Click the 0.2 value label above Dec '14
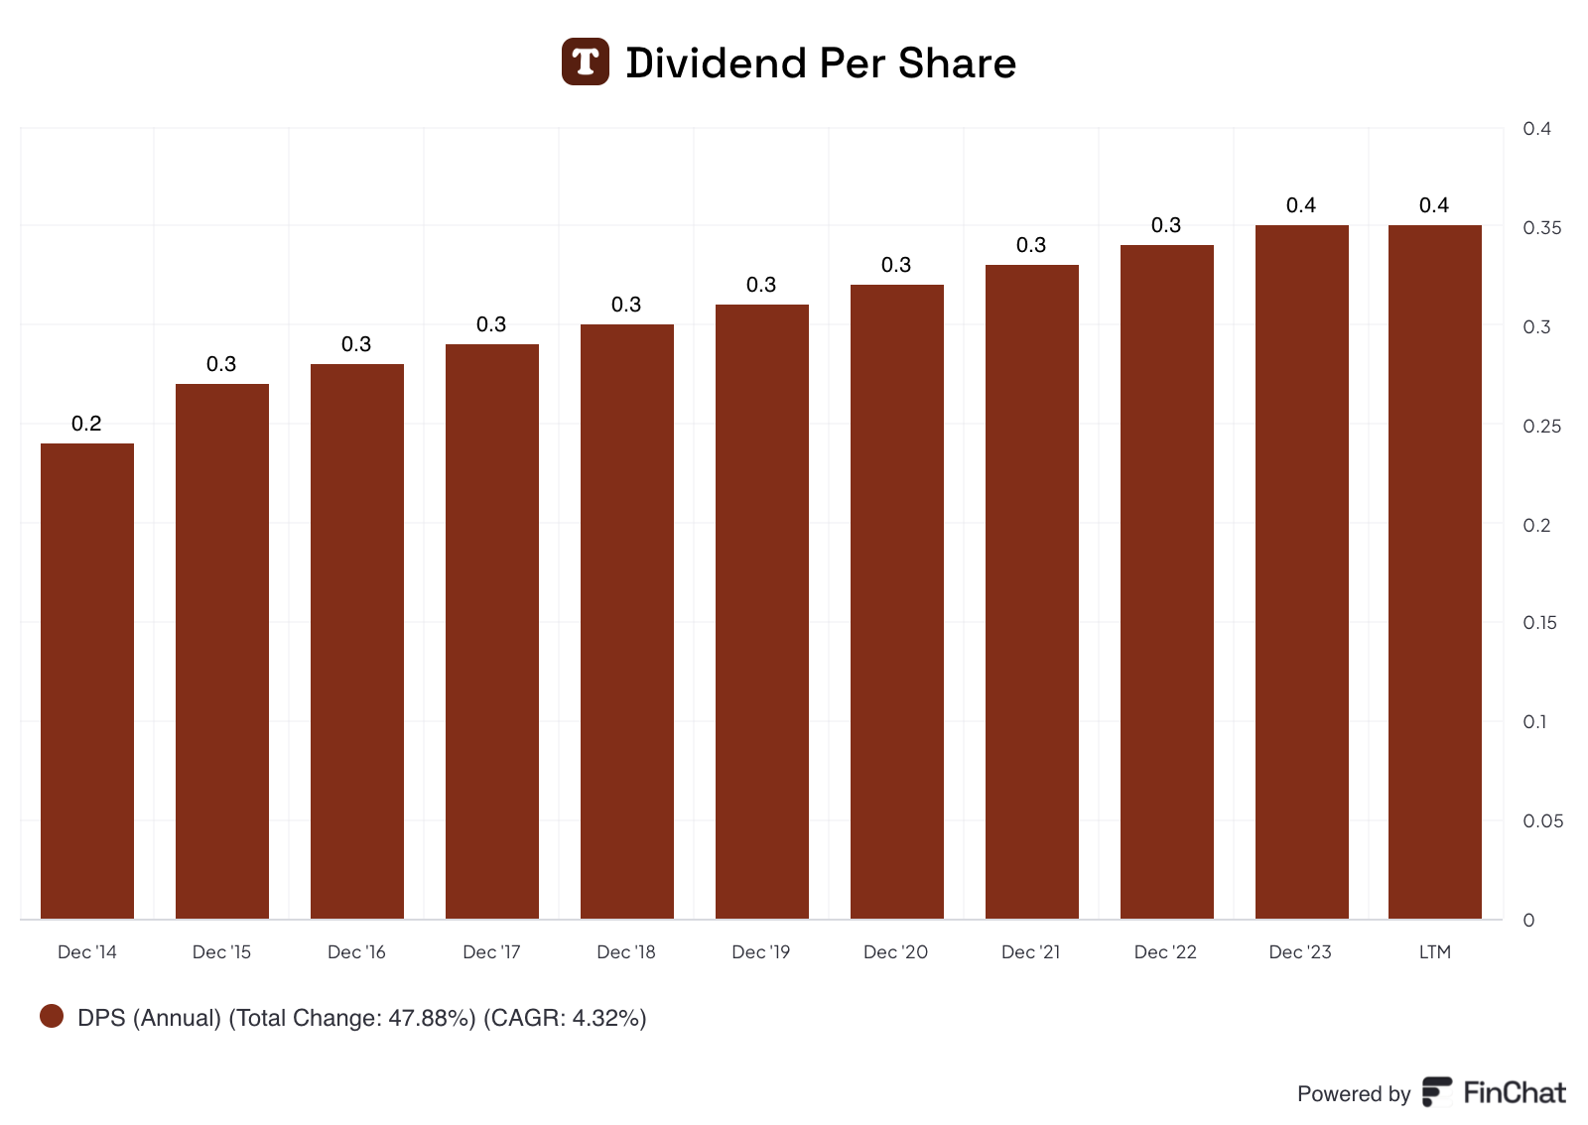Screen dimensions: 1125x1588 coord(86,424)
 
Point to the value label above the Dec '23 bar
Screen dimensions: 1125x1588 coord(1300,205)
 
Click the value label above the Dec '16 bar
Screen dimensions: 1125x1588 coord(356,344)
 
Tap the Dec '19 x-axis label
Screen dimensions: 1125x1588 coord(761,952)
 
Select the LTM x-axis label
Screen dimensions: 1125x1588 coord(1434,952)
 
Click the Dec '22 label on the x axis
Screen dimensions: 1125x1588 coord(1165,952)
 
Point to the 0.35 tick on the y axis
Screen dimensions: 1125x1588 coord(1542,228)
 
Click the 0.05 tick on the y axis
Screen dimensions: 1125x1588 coord(1542,821)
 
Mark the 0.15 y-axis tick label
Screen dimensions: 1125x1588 coord(1539,623)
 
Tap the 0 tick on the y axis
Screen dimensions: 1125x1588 coord(1528,921)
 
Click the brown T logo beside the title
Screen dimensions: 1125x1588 coord(586,62)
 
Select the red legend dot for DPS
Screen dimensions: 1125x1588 coord(52,1016)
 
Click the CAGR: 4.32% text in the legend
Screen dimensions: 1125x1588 coord(565,1018)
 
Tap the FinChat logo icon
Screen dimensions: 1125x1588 coord(1437,1091)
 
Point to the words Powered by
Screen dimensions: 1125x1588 coord(1354,1094)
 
